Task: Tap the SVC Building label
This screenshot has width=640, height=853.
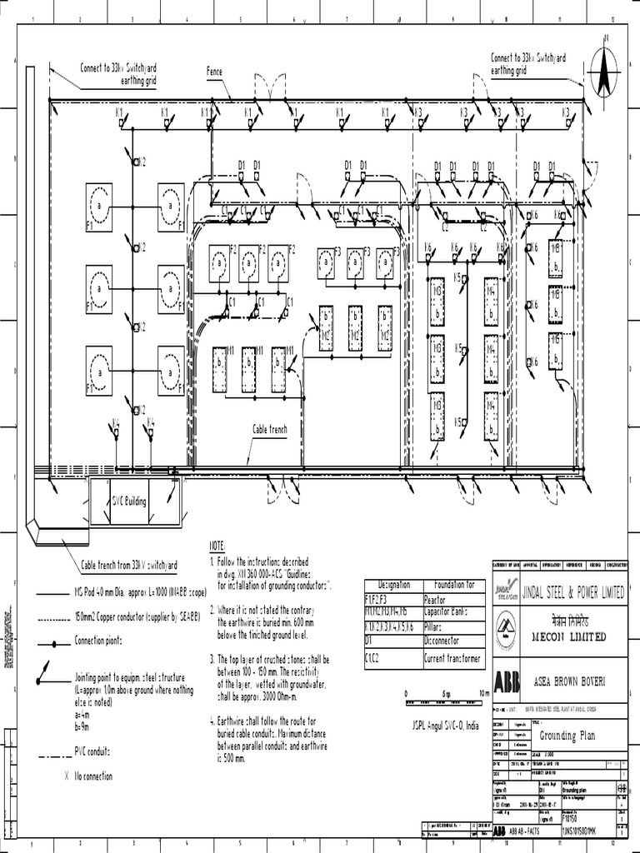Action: click(129, 501)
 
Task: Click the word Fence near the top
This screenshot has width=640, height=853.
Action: click(215, 72)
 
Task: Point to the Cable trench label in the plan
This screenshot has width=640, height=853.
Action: click(270, 429)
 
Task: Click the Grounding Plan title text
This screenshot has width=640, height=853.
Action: click(568, 736)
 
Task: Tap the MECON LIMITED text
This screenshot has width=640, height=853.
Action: click(572, 637)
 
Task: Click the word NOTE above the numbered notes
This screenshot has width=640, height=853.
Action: click(217, 544)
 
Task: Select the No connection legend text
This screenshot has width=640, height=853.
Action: click(93, 776)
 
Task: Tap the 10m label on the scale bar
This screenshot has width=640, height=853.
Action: click(484, 693)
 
